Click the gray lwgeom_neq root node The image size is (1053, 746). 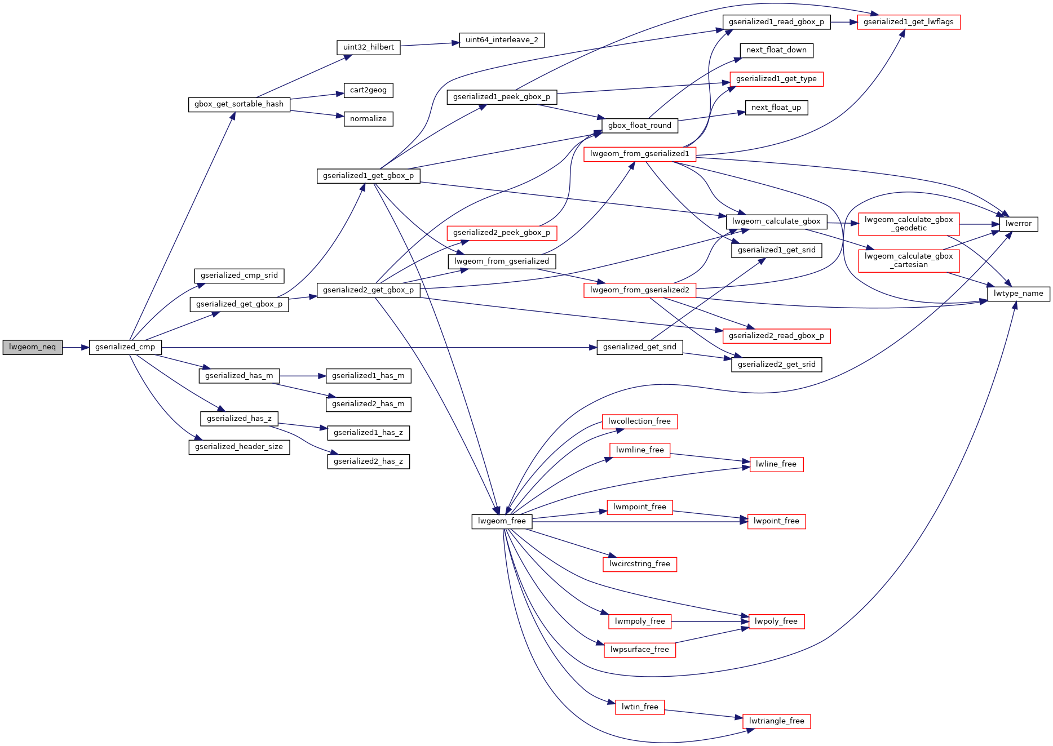33,347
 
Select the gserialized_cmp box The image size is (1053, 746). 125,347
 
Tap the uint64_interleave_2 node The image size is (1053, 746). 502,40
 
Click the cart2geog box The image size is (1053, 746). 368,90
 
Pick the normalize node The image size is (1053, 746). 368,119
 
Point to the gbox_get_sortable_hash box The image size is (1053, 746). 239,104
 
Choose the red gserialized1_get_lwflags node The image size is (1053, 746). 908,22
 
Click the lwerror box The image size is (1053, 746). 1018,224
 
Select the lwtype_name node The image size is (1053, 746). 1018,294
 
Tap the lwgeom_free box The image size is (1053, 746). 502,521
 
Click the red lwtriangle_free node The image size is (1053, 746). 776,721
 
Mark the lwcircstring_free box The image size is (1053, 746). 639,564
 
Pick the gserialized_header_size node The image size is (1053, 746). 239,447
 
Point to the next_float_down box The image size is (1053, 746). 776,50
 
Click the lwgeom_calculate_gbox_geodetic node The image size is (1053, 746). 908,224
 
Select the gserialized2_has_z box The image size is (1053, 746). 368,461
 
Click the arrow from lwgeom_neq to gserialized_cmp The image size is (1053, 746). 76,347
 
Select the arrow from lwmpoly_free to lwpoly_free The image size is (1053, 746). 710,621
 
